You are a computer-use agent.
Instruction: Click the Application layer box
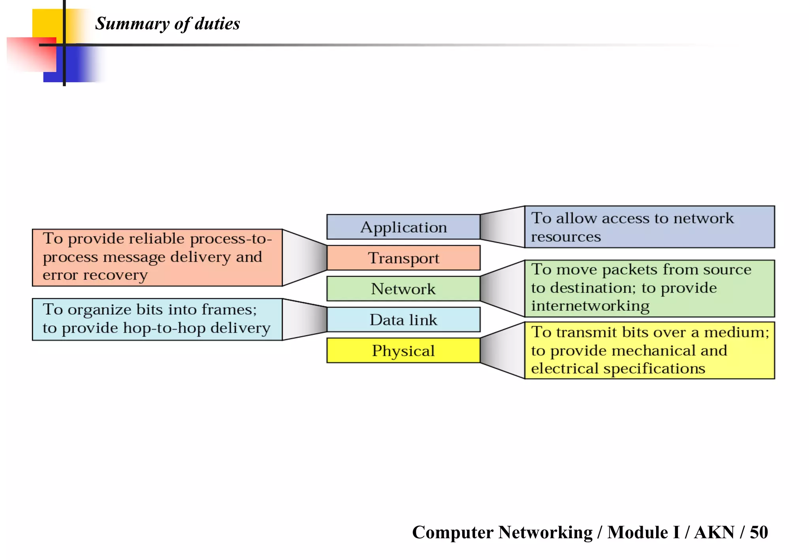click(x=403, y=227)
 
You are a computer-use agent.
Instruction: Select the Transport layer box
click(x=403, y=258)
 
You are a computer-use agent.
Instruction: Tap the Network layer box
click(x=403, y=289)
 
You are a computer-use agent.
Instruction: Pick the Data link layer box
click(x=403, y=319)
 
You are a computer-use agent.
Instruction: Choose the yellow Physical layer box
click(x=403, y=350)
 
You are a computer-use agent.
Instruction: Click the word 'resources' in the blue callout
click(x=566, y=237)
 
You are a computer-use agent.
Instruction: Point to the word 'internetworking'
click(x=590, y=306)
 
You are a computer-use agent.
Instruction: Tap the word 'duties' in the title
click(x=217, y=24)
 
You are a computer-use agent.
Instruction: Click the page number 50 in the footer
click(x=758, y=532)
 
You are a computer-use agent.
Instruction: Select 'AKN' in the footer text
click(x=714, y=532)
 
